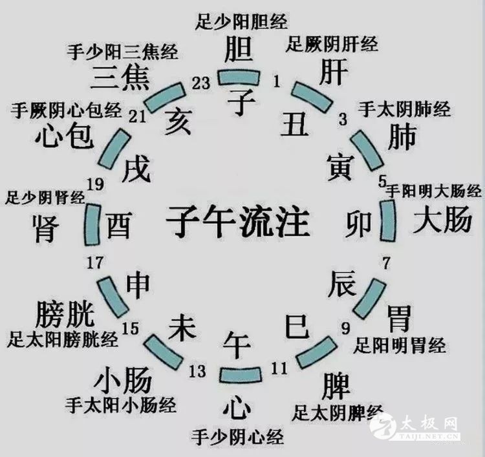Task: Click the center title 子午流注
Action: [237, 222]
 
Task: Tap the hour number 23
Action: [202, 82]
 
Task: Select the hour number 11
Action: [279, 369]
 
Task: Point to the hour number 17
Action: [94, 262]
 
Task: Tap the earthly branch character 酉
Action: [119, 224]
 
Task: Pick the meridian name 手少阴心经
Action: [237, 438]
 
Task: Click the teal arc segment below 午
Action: [239, 375]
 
